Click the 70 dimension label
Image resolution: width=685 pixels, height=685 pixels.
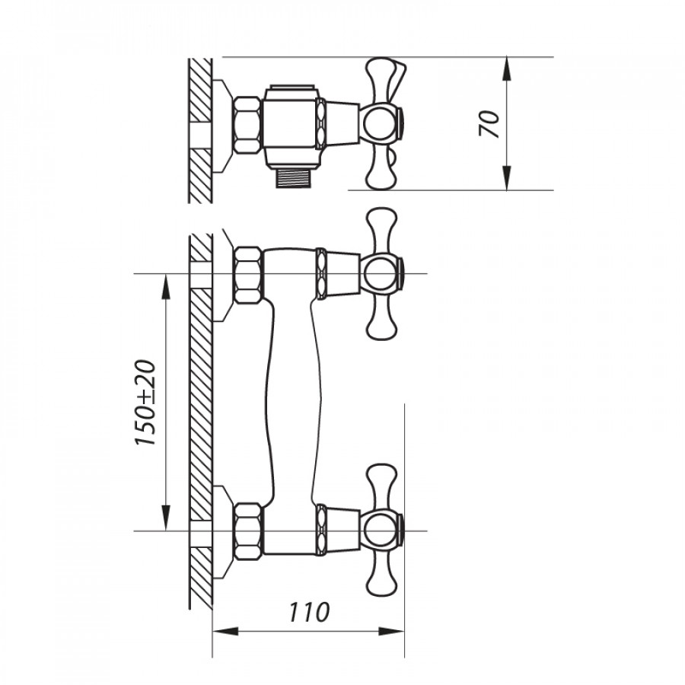coord(489,124)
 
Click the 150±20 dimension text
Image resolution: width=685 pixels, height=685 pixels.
coord(145,403)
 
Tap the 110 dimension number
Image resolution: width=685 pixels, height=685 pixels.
coord(308,612)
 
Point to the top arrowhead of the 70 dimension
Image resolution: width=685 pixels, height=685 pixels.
coord(506,68)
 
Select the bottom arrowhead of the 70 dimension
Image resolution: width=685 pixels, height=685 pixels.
coord(506,179)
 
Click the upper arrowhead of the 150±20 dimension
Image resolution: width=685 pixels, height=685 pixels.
coord(166,286)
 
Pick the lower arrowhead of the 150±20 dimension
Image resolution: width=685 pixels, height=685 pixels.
coord(166,518)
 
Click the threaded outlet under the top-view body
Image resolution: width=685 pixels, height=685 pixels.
coord(293,179)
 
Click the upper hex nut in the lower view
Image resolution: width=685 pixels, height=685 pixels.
coord(249,275)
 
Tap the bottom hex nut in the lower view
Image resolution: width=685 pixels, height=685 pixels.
coord(249,531)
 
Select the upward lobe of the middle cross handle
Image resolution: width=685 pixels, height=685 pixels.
coord(382,230)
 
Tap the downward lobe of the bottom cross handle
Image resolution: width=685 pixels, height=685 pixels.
coord(382,574)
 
